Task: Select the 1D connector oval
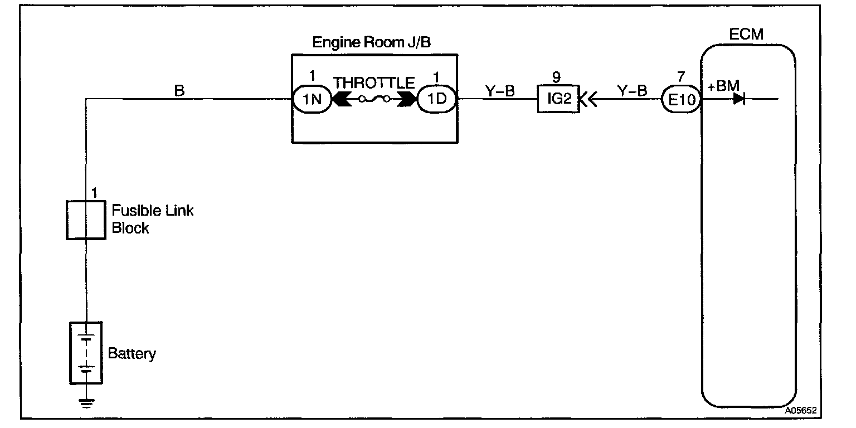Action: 437,100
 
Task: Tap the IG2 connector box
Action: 558,100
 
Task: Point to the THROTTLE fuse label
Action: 374,83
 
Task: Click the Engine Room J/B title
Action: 371,42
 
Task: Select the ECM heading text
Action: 746,35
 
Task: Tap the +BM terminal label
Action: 723,86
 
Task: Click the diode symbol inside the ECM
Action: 740,100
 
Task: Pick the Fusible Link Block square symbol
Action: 86,220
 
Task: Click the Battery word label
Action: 132,353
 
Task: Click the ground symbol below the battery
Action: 86,402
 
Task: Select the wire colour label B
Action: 179,90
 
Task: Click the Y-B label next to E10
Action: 632,90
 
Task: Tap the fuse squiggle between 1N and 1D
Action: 374,100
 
